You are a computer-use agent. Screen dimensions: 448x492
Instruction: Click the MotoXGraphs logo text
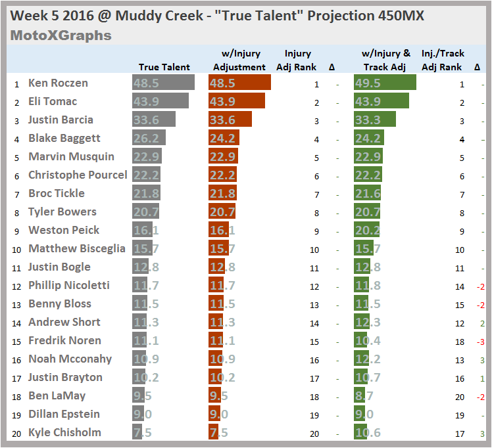pyautogui.click(x=61, y=35)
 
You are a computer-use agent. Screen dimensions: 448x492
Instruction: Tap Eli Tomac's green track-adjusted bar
pyautogui.click(x=380, y=101)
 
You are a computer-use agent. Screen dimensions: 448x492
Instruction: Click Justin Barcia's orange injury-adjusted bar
pyautogui.click(x=230, y=120)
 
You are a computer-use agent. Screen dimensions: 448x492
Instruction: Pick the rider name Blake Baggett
pyautogui.click(x=64, y=138)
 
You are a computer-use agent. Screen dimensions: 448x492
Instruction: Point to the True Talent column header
pyautogui.click(x=164, y=67)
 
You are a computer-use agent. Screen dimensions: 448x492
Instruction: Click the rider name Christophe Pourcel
pyautogui.click(x=78, y=175)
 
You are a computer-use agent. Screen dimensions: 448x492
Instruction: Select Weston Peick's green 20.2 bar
pyautogui.click(x=366, y=230)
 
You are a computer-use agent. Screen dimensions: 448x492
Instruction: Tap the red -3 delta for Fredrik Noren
pyautogui.click(x=481, y=341)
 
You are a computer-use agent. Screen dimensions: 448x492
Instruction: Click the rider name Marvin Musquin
pyautogui.click(x=71, y=156)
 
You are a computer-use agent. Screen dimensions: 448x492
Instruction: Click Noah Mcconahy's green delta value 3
pyautogui.click(x=482, y=359)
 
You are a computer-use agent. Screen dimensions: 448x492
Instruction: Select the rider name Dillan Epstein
pyautogui.click(x=64, y=414)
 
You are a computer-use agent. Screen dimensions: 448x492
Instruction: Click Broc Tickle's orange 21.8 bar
pyautogui.click(x=223, y=193)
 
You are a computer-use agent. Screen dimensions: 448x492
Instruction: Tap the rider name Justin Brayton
pyautogui.click(x=65, y=377)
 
